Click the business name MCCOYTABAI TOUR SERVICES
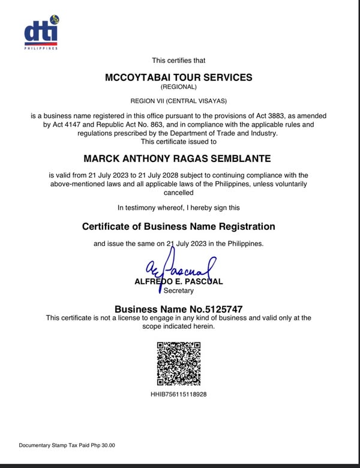click(178, 77)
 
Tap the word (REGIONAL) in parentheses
click(178, 88)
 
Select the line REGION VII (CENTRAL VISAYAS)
click(178, 100)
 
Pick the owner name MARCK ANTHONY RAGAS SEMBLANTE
click(178, 158)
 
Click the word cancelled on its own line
click(178, 193)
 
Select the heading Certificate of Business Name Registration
click(178, 227)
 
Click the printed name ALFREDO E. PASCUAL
click(179, 281)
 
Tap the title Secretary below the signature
click(179, 291)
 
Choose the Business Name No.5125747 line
click(178, 308)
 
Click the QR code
click(179, 364)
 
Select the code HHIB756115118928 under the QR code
click(179, 395)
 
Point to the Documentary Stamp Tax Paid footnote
click(67, 445)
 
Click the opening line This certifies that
click(178, 60)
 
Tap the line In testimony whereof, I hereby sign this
click(178, 208)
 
